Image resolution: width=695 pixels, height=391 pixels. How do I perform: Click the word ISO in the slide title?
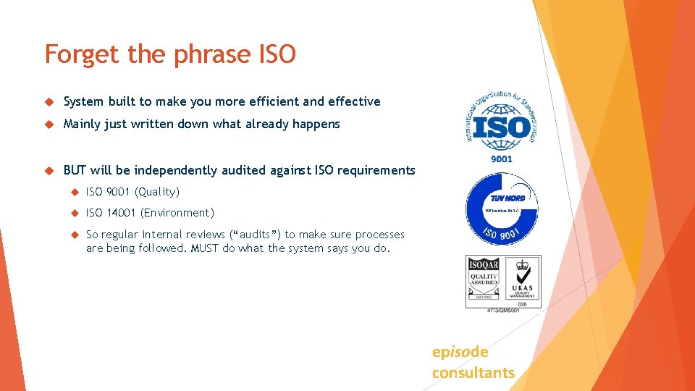click(x=277, y=54)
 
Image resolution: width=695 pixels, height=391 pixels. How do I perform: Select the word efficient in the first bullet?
click(x=271, y=101)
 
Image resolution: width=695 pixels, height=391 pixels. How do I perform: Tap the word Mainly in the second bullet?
click(x=82, y=124)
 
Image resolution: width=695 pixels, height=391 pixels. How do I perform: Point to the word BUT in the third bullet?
click(x=75, y=170)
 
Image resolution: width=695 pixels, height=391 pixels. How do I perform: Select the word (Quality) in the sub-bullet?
click(x=157, y=192)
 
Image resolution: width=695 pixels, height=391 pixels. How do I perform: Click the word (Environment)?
click(x=177, y=213)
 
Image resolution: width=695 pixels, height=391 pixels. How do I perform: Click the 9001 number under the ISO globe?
click(x=501, y=159)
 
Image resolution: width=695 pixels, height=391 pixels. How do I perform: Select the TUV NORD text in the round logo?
click(x=507, y=198)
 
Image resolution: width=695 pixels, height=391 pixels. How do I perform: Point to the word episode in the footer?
click(x=460, y=352)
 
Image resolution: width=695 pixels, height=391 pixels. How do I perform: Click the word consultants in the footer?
click(x=473, y=373)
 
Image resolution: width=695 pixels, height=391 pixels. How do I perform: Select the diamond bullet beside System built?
click(x=49, y=102)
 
